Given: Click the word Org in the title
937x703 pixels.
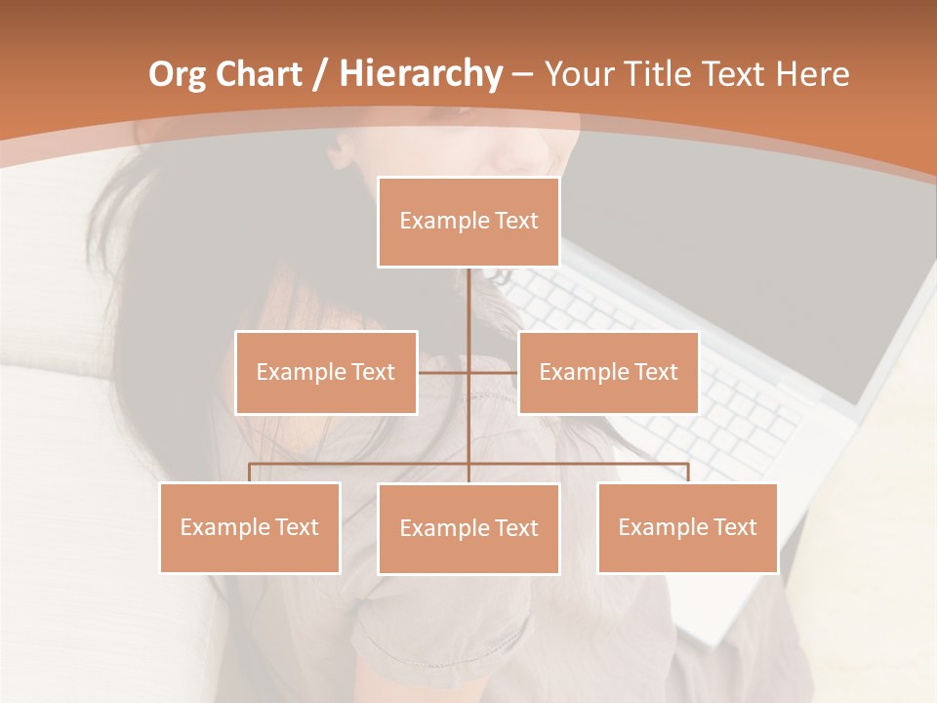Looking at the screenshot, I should pyautogui.click(x=177, y=74).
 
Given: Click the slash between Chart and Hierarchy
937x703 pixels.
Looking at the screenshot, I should pyautogui.click(x=321, y=75).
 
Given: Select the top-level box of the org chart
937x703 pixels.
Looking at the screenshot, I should pyautogui.click(x=468, y=222).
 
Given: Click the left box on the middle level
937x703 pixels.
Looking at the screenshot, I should pyautogui.click(x=326, y=372).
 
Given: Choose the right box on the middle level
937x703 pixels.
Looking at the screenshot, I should pyautogui.click(x=608, y=372).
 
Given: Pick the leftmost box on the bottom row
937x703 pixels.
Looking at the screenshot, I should pyautogui.click(x=250, y=527).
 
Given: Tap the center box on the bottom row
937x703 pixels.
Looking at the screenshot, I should pyautogui.click(x=468, y=528).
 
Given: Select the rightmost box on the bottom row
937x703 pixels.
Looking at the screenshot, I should pyautogui.click(x=687, y=527).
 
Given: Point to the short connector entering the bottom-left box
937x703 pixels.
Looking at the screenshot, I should pyautogui.click(x=250, y=473).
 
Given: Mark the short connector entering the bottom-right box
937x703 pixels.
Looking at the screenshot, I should pyautogui.click(x=688, y=473).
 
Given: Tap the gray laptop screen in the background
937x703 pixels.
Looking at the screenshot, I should pyautogui.click(x=781, y=244).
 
